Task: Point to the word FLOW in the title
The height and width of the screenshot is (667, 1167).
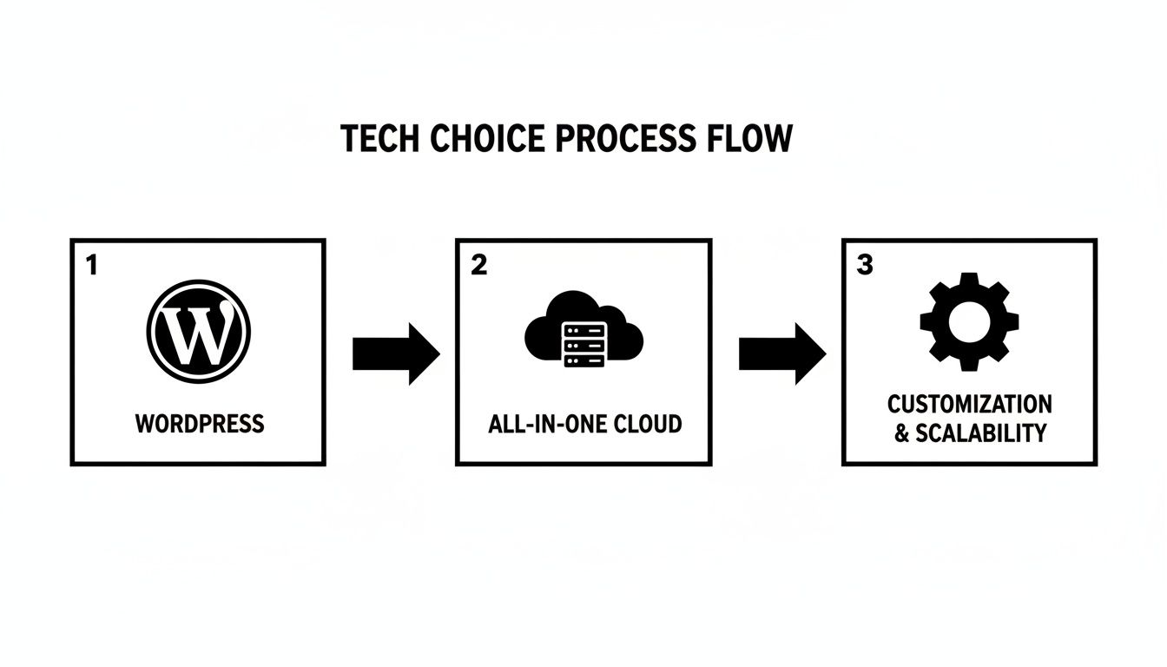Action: tap(748, 139)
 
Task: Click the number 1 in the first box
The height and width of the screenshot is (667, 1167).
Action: tap(91, 266)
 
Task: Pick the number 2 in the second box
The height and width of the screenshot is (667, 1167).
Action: tap(478, 266)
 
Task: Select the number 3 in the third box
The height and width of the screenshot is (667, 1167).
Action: tap(864, 266)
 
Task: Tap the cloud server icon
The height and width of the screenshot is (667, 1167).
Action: tap(583, 330)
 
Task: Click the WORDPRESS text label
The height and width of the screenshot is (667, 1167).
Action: tap(200, 424)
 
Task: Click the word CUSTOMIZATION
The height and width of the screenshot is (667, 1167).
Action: tap(969, 404)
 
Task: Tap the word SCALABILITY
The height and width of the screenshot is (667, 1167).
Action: tap(981, 433)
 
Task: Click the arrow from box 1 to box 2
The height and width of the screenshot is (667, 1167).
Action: tap(396, 354)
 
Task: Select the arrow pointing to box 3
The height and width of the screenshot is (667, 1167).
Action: tap(781, 354)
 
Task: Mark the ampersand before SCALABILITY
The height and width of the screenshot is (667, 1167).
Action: tap(902, 433)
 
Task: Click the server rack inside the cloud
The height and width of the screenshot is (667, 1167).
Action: tap(583, 344)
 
